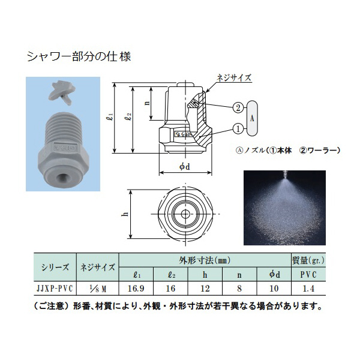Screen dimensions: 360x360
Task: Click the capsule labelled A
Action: [x=253, y=118]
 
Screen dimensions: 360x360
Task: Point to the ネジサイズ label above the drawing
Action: [x=233, y=77]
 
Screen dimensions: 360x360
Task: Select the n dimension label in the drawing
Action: [x=147, y=102]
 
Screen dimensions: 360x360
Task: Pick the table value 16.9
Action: [x=139, y=287]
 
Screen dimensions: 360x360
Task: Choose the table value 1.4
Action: [x=308, y=287]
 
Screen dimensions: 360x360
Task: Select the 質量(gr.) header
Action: [x=308, y=261]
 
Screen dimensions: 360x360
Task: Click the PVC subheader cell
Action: [x=308, y=274]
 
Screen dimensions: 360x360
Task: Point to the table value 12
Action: [x=205, y=287]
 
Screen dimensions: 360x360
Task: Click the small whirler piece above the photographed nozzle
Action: [x=62, y=93]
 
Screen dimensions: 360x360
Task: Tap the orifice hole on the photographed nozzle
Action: [x=62, y=178]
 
